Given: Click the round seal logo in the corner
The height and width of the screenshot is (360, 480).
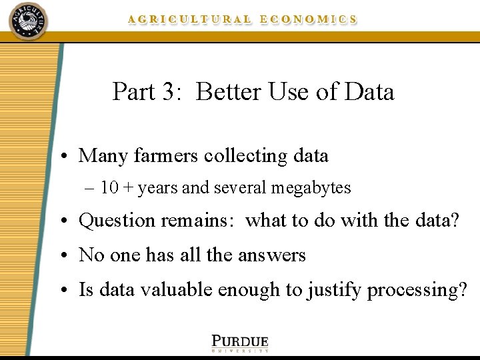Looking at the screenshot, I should [x=28, y=21].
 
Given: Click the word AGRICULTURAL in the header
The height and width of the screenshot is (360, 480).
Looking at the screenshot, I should [x=190, y=20].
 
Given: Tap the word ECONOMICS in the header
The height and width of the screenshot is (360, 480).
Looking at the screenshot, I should [x=308, y=20].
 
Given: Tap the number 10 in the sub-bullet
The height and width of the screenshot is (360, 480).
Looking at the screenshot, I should [x=109, y=188].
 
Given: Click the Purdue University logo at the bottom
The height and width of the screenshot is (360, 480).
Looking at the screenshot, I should [x=240, y=342].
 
